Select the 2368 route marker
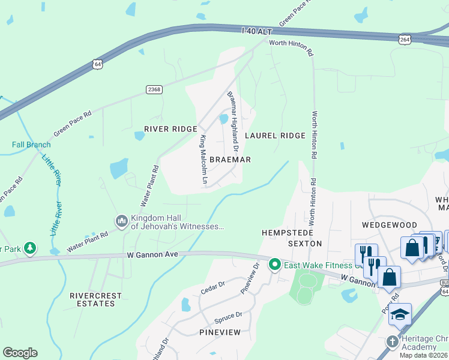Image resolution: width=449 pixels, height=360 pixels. coord(154,89)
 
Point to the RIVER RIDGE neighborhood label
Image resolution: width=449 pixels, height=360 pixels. coord(170,129)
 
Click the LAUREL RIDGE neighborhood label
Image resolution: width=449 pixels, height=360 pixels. coord(275,136)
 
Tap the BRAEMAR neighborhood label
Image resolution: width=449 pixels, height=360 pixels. coord(230,160)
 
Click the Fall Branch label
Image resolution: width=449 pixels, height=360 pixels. coord(31,145)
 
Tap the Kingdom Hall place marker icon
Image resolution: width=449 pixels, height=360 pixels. coord(122,221)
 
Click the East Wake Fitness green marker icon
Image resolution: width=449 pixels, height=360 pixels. coord(275,264)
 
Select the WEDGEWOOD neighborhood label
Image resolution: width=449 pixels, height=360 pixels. coord(390,225)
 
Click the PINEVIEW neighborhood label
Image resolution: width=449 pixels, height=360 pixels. coord(220,332)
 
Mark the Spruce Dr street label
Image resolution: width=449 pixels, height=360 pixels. coord(230,314)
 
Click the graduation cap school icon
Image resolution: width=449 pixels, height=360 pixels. coord(400,315)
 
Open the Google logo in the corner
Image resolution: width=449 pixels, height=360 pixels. coord(20,353)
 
